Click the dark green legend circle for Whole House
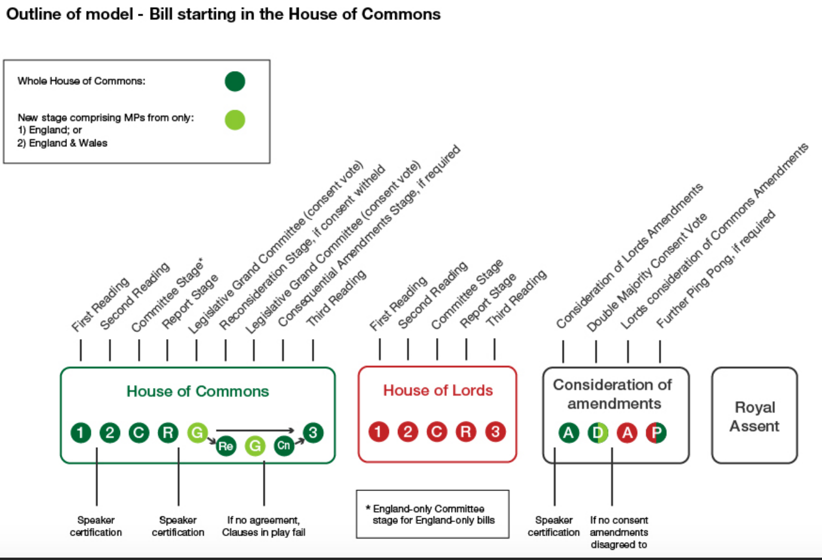235,81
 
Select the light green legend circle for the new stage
235,120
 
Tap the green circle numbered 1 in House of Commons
81,432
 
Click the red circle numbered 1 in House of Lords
378,431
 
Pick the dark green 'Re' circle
226,446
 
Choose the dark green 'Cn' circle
284,445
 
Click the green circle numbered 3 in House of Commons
313,432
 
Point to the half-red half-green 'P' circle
656,432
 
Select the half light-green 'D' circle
598,432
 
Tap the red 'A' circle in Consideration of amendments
627,432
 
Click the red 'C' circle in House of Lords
437,431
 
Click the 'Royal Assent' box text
754,416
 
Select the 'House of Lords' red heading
438,390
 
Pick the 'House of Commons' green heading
198,391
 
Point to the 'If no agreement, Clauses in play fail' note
263,526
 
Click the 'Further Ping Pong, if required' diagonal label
715,269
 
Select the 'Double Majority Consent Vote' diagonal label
646,272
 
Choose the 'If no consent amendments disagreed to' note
619,532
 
